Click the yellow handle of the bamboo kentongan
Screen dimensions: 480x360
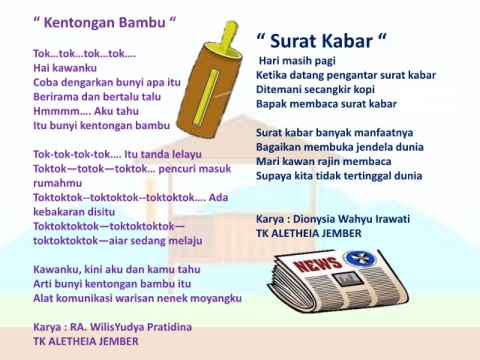tap(229, 36)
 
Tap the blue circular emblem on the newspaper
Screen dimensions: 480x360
tap(359, 258)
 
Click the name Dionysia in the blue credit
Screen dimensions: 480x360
tap(314, 219)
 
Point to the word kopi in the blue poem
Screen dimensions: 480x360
tap(364, 90)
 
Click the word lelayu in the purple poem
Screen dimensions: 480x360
tap(187, 155)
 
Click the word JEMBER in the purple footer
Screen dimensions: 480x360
tap(119, 341)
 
